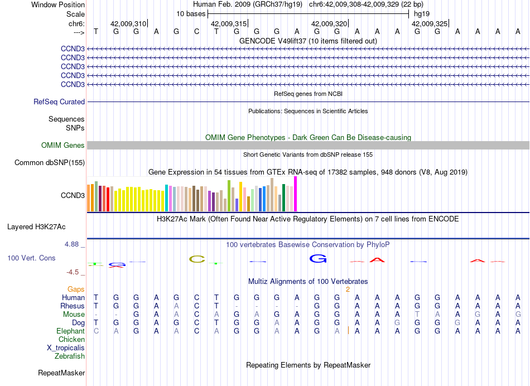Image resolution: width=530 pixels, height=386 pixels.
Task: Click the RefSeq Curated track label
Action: [x=59, y=102]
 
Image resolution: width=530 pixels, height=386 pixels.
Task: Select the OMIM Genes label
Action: [x=62, y=146]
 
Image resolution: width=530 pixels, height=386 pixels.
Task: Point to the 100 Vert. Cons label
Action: [x=31, y=258]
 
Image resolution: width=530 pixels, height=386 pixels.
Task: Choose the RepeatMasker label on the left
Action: [x=61, y=373]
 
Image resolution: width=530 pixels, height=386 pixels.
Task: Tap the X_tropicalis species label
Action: [x=66, y=348]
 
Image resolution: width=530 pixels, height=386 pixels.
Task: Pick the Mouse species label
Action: [x=74, y=314]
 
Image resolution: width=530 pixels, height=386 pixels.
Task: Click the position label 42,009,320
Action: [x=329, y=24]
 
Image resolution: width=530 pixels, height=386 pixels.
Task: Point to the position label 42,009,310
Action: [x=128, y=24]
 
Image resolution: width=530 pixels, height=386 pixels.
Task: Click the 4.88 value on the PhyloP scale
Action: [x=73, y=244]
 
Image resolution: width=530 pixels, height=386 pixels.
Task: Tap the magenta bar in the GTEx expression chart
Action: [x=296, y=194]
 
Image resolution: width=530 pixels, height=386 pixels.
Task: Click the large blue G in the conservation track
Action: [x=317, y=258]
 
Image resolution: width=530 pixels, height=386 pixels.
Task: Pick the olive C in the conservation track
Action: [x=197, y=259]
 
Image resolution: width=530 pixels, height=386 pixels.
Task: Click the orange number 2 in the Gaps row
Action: [x=348, y=289]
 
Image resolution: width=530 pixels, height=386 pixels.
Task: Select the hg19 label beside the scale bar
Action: [x=421, y=13]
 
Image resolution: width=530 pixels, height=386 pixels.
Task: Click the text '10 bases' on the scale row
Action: [x=191, y=13]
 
